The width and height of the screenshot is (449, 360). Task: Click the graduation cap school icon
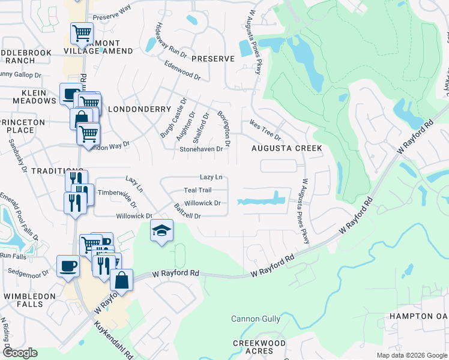click(x=161, y=231)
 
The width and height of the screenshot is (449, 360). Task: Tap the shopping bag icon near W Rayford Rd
click(x=121, y=280)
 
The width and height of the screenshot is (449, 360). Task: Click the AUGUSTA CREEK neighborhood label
click(x=286, y=148)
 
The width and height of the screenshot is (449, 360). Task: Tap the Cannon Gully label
click(x=256, y=319)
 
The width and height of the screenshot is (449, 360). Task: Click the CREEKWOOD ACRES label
click(x=259, y=347)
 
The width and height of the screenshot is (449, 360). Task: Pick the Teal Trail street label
click(x=197, y=190)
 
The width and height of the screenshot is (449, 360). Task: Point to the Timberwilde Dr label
click(x=118, y=193)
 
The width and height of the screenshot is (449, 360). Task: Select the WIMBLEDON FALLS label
click(x=25, y=300)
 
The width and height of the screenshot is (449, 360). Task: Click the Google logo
click(x=19, y=353)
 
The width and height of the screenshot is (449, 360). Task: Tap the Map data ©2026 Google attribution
click(x=412, y=355)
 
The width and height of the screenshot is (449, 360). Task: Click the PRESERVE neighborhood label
click(x=212, y=59)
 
